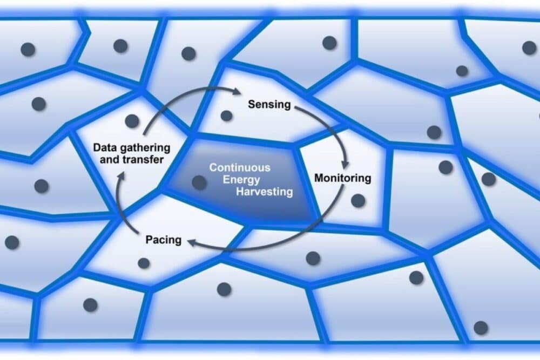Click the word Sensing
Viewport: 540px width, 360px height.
point(269,104)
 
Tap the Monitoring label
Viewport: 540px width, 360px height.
point(343,178)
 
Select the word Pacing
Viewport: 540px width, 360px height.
point(164,239)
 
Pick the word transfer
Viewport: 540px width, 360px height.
point(145,160)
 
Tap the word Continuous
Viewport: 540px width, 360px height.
point(240,168)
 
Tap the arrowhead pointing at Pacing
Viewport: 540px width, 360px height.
point(192,246)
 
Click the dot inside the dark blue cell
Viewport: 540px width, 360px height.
point(199,182)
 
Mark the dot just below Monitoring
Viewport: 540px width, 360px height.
point(357,201)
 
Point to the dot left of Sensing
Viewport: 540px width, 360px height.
point(227,116)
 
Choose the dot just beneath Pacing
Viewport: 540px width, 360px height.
point(144,263)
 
